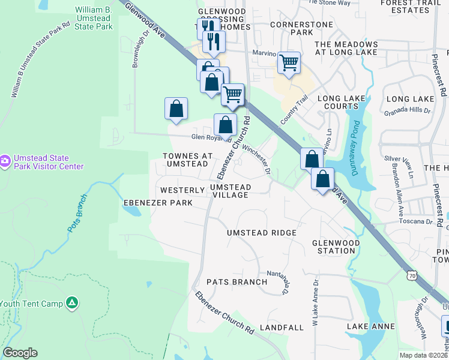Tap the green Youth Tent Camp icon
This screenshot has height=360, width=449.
[72, 303]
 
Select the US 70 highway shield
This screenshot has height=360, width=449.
[411, 276]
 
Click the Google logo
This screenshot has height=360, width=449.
[20, 353]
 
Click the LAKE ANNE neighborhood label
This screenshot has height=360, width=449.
[370, 326]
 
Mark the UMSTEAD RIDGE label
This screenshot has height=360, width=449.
[261, 233]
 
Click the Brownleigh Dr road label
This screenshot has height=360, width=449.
[136, 55]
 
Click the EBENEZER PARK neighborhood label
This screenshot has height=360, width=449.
[158, 203]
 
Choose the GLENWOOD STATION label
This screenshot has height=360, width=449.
[334, 247]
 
